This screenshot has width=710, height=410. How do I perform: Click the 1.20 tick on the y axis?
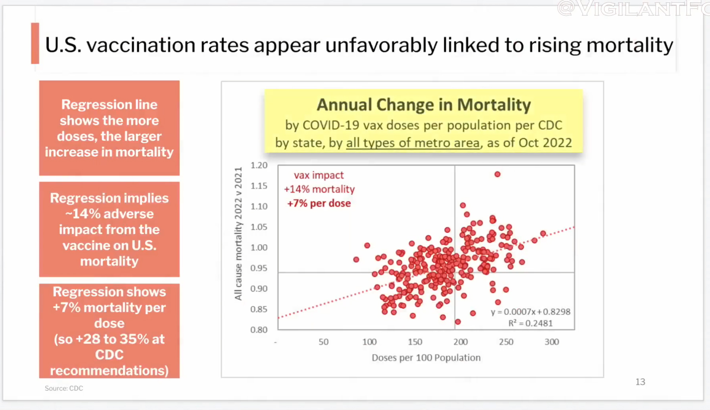click(259, 165)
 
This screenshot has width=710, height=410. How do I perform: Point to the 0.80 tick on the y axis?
click(259, 330)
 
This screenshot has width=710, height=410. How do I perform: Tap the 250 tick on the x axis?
click(506, 342)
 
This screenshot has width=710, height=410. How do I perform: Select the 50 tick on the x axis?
click(324, 342)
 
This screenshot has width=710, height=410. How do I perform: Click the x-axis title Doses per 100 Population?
click(426, 358)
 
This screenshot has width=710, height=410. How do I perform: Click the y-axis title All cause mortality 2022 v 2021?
click(238, 234)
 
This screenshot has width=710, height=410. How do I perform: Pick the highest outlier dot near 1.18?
click(497, 174)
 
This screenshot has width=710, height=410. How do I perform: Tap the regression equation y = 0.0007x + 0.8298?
click(530, 312)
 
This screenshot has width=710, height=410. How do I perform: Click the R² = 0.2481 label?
click(530, 323)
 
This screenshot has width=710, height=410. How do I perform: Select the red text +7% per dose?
click(319, 203)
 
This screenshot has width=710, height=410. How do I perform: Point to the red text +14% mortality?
click(319, 189)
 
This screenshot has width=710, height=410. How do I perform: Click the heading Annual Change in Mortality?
click(424, 105)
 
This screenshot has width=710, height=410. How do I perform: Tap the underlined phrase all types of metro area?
click(413, 143)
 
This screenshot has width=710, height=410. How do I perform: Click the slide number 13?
click(640, 382)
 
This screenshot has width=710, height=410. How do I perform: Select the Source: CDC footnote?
click(64, 388)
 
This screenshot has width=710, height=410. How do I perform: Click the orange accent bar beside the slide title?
click(35, 43)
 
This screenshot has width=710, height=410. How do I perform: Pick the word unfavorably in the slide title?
click(381, 45)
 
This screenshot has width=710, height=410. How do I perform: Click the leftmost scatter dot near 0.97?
click(356, 259)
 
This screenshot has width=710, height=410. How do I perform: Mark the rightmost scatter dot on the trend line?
click(543, 234)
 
